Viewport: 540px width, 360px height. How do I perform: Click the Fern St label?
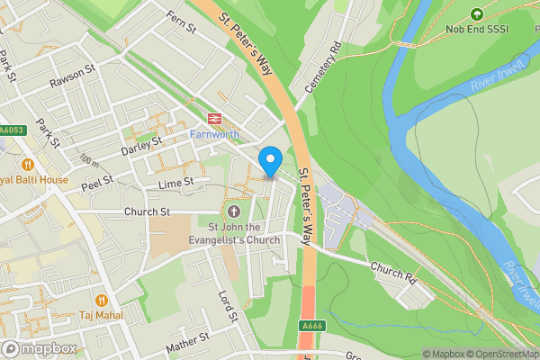pyautogui.click(x=181, y=22)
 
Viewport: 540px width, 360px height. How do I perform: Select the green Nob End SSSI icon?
pyautogui.click(x=476, y=14)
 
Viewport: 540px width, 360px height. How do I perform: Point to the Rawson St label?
pyautogui.click(x=73, y=76)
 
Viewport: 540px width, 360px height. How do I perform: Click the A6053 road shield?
pyautogui.click(x=11, y=130)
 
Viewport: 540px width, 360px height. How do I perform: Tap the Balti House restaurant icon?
pyautogui.click(x=28, y=164)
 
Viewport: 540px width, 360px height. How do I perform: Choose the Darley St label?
pyautogui.click(x=141, y=142)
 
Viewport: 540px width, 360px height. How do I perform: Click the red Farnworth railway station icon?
pyautogui.click(x=214, y=118)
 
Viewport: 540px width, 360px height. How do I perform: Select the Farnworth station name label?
pyautogui.click(x=214, y=134)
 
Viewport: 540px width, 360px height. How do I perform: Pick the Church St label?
pyautogui.click(x=148, y=212)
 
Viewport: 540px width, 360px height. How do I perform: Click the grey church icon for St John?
pyautogui.click(x=234, y=211)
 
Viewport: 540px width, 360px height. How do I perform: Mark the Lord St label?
pyautogui.click(x=227, y=307)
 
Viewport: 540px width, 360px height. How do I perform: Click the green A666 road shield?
pyautogui.click(x=310, y=326)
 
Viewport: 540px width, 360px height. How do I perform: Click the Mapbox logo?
pyautogui.click(x=38, y=348)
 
